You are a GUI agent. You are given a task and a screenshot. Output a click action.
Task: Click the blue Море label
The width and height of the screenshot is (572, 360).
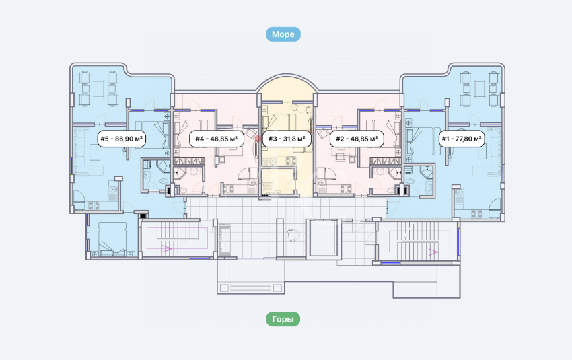pos(283,34)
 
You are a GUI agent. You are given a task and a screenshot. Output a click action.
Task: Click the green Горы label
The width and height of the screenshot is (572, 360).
pos(283,319)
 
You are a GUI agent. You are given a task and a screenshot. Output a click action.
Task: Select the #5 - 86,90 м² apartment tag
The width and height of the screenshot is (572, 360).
pos(122,139)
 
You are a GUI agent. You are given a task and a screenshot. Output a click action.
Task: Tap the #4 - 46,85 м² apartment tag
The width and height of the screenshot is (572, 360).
pos(216,139)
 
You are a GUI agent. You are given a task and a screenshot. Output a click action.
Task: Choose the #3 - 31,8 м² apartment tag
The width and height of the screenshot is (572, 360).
pos(287,139)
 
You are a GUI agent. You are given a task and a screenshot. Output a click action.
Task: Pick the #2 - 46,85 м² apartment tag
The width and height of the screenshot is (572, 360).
pos(357,139)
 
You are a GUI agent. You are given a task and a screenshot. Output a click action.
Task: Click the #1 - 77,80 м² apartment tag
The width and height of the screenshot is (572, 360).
pos(462,139)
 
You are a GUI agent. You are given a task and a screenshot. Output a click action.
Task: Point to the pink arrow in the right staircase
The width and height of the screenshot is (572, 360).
pos(433,252)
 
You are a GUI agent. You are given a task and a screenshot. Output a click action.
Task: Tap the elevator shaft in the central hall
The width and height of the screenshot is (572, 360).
pos(323,238)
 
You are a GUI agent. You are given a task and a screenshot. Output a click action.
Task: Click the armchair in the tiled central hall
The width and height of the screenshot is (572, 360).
pos(293,235)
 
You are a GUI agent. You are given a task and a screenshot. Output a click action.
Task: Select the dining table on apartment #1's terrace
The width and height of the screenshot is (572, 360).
pos(480,89)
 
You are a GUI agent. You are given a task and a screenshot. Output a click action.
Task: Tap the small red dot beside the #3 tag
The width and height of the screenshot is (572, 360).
pos(258,139)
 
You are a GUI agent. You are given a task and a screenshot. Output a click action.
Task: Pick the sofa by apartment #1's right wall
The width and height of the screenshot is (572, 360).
pos(490,151)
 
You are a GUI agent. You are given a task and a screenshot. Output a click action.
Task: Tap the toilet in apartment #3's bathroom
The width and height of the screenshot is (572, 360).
pos(267,187)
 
